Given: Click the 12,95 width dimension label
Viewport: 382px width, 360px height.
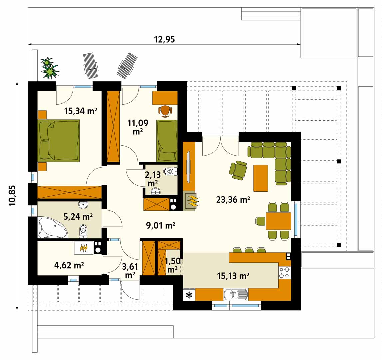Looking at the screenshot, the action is coord(164,39).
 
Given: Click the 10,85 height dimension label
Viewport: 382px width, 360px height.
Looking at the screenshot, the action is coord(12,196).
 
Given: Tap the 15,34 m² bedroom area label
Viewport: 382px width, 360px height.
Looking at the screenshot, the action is coord(81,111).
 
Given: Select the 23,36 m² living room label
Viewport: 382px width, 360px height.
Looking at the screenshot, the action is coord(233,200).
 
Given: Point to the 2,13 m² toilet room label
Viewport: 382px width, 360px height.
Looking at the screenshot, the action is coord(153,179).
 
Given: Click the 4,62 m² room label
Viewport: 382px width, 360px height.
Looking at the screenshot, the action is coord(69,265).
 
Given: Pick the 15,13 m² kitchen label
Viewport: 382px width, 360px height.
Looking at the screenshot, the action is coord(233,276).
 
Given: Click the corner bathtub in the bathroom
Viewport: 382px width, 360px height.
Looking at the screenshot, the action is coord(52,228).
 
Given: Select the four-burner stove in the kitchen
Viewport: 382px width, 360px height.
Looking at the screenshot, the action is coord(284,273).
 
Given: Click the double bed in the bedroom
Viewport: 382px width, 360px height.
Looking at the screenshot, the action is coord(59,140).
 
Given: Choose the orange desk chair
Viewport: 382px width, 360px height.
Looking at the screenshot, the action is coord(165,111).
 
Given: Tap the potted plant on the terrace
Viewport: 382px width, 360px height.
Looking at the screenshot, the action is coord(49,68).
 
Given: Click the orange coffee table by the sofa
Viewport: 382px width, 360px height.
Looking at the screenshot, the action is coord(261,178).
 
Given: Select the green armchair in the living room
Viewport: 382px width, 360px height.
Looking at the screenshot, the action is coord(238,170).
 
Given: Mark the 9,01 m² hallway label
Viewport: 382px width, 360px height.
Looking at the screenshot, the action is coord(160,226).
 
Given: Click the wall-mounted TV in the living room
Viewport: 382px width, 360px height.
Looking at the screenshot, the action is coord(188,167).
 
